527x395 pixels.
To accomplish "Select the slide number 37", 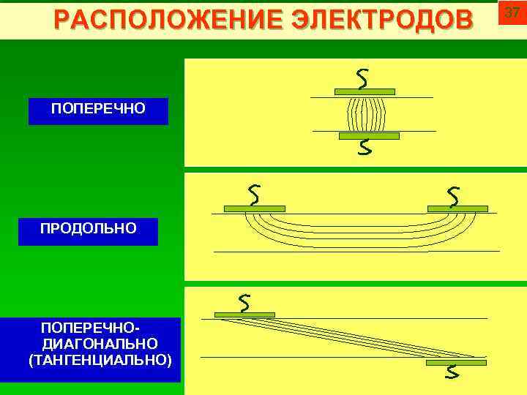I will point(512,13).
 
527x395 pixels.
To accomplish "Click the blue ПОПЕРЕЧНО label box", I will point(98,110).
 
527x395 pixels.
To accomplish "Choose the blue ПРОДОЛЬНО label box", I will point(88,230).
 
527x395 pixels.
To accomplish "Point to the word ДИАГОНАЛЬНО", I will point(100,343).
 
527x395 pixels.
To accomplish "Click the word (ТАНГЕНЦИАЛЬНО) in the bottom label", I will point(100,360).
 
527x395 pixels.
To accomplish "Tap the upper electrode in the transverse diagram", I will point(365,91).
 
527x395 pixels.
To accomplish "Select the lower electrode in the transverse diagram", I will point(370,136).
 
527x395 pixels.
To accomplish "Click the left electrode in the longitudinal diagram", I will point(254,208).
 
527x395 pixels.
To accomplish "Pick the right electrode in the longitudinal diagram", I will point(457,208).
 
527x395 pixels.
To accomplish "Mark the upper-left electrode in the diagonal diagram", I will point(247,315).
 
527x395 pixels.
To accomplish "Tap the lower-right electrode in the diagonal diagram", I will point(455,362).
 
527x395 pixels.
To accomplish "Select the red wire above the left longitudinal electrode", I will point(254,195).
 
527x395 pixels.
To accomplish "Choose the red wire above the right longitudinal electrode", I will point(454,195).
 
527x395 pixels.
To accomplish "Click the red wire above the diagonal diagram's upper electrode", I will point(245,301).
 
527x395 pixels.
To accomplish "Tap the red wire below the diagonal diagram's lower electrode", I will point(453,373).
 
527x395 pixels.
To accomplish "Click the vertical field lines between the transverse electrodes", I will point(366,114).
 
